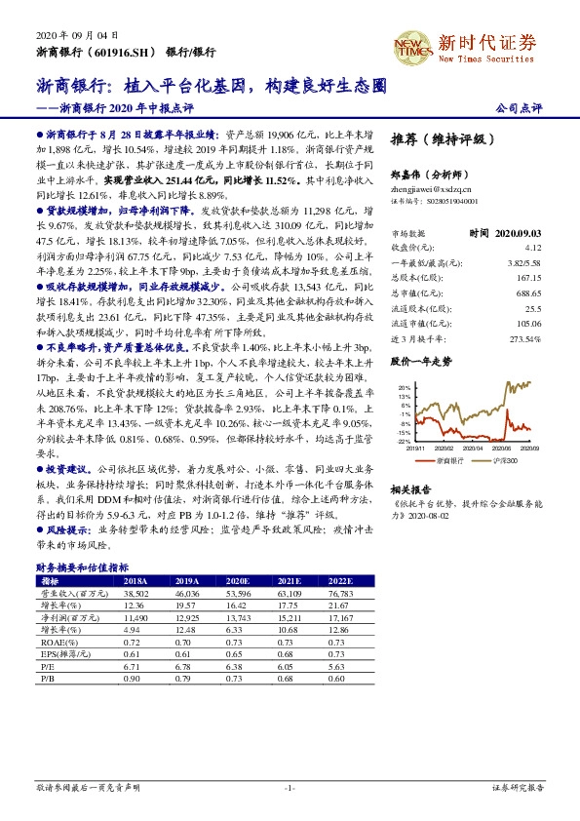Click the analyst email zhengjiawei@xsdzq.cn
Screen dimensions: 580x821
click(430, 189)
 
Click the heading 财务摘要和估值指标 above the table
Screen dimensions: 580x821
click(82, 567)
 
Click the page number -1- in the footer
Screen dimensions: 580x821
click(290, 787)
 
